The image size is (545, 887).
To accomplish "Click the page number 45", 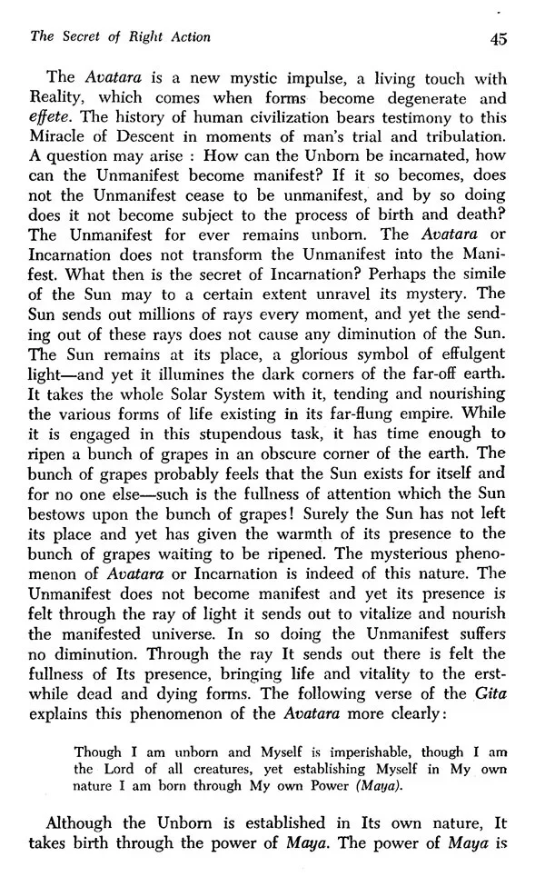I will [497, 37].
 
